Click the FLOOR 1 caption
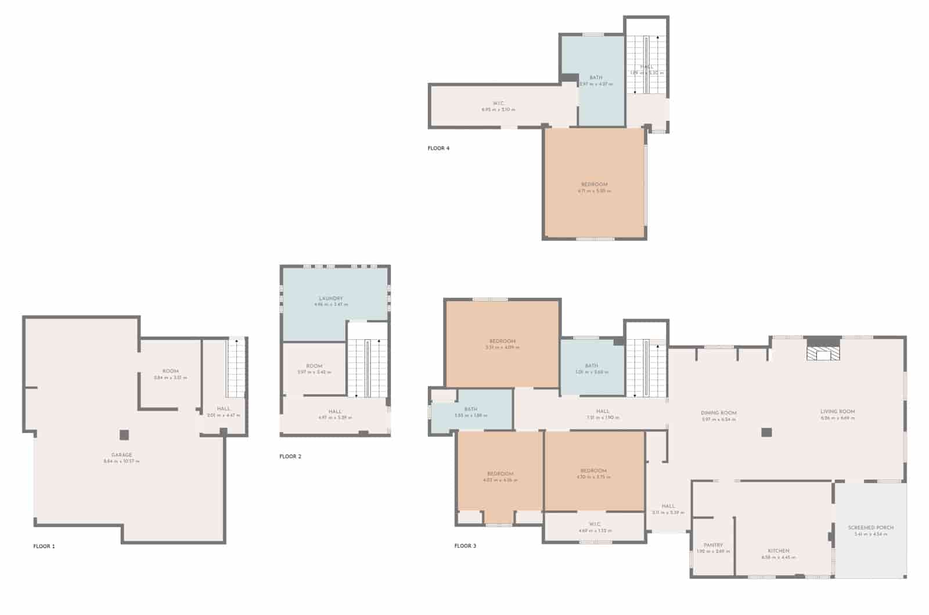tap(44, 546)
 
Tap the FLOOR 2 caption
tap(290, 456)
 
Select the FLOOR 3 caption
tap(465, 546)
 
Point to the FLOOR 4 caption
tap(438, 148)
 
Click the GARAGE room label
tap(122, 455)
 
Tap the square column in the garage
tap(124, 434)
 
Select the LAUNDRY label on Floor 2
tap(331, 298)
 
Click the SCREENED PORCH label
tap(870, 527)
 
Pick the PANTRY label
tap(713, 545)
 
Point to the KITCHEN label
tap(779, 551)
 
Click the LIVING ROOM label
tap(837, 411)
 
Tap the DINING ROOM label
tap(719, 413)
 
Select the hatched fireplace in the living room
tap(823, 354)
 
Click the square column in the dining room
tap(766, 432)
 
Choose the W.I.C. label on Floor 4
tap(498, 103)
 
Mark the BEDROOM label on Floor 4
tap(594, 185)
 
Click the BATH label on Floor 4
tap(596, 77)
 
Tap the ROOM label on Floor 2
tap(314, 366)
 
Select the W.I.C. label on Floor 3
tap(595, 524)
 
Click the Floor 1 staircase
tap(236, 368)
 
